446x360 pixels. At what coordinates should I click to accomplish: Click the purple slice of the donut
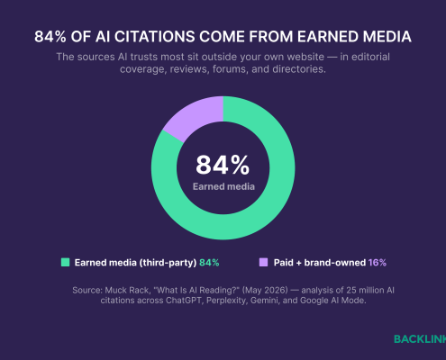pyautogui.click(x=195, y=116)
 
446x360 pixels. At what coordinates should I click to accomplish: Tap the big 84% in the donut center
pyautogui.click(x=223, y=165)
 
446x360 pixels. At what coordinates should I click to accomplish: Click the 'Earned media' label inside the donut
pyautogui.click(x=223, y=186)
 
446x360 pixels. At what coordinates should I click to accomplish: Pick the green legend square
pyautogui.click(x=65, y=263)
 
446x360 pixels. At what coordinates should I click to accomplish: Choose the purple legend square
pyautogui.click(x=263, y=263)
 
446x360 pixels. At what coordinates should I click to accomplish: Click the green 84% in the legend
pyautogui.click(x=209, y=263)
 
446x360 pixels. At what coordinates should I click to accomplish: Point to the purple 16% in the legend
pyautogui.click(x=378, y=263)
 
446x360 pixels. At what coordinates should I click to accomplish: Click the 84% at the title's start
pyautogui.click(x=50, y=37)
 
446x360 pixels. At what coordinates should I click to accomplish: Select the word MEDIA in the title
pyautogui.click(x=387, y=37)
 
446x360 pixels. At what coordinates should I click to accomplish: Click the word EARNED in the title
pyautogui.click(x=327, y=37)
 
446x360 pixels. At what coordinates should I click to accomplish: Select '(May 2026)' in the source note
pyautogui.click(x=265, y=291)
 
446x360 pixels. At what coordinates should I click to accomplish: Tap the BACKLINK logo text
pyautogui.click(x=420, y=339)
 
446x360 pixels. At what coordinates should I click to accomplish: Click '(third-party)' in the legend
pyautogui.click(x=168, y=263)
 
